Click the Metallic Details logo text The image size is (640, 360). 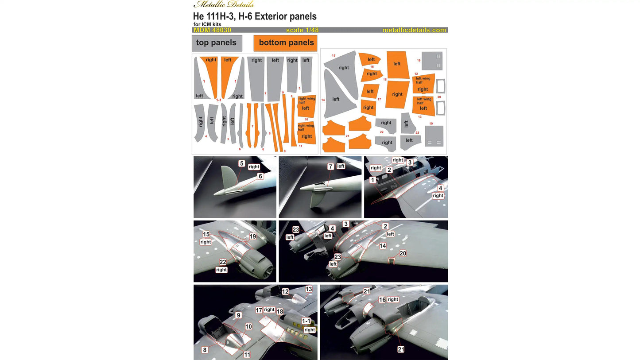coord(224,4)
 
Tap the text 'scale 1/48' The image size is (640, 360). coord(302,30)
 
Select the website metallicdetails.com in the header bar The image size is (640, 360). coord(414,30)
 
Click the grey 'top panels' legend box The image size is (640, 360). coord(217,43)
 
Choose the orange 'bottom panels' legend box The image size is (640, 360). coord(286,43)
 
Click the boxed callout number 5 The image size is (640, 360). coord(241,163)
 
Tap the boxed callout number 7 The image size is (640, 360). coord(330,166)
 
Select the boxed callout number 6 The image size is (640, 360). coord(260,176)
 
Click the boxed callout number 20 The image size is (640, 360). coord(403,253)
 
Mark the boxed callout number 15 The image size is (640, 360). coord(206,234)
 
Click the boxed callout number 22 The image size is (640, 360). coord(223,262)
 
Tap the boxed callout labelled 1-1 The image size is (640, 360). coord(306,321)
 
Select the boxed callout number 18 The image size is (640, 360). coord(280,312)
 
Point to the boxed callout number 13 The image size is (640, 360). coord(309,289)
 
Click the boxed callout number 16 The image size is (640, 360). coord(382,300)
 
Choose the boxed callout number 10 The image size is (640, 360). coord(248,326)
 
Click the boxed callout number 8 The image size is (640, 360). coord(205,350)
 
